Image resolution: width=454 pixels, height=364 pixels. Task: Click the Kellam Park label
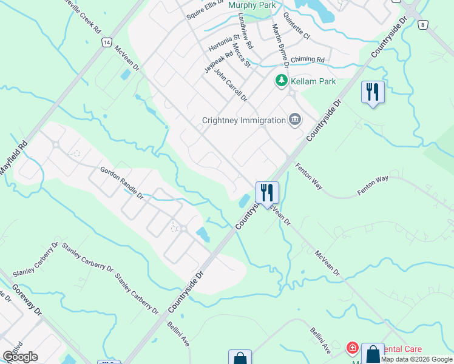click(x=313, y=82)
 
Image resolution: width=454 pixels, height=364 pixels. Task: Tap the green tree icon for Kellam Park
click(x=281, y=80)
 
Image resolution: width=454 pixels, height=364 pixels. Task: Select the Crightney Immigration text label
click(x=243, y=120)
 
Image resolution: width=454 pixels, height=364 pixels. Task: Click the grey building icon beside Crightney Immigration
click(x=295, y=119)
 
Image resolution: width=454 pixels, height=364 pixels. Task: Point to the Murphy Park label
click(x=252, y=5)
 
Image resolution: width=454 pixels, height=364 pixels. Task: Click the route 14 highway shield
click(x=106, y=42)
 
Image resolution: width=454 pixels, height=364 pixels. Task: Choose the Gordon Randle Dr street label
click(x=121, y=184)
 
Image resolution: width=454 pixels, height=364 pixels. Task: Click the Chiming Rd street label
click(x=308, y=59)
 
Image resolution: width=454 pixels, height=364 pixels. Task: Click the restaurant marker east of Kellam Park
click(x=372, y=92)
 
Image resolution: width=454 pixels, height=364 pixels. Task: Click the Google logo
click(x=21, y=356)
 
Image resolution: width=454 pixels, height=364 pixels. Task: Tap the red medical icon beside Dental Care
click(x=352, y=348)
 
